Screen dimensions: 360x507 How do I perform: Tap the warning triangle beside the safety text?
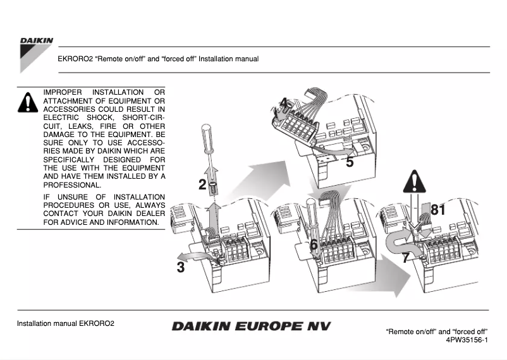pos(28,102)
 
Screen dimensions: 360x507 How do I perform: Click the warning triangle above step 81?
pos(414,183)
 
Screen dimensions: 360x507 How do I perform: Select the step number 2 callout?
pos(202,184)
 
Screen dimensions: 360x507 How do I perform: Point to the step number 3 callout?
pos(181,267)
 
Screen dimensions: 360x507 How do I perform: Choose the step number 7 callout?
pos(405,258)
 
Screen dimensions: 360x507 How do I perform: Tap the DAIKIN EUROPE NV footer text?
pos(250,327)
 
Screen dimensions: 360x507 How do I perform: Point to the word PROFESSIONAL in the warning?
pos(71,185)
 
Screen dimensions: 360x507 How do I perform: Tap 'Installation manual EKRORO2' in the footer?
pos(66,323)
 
